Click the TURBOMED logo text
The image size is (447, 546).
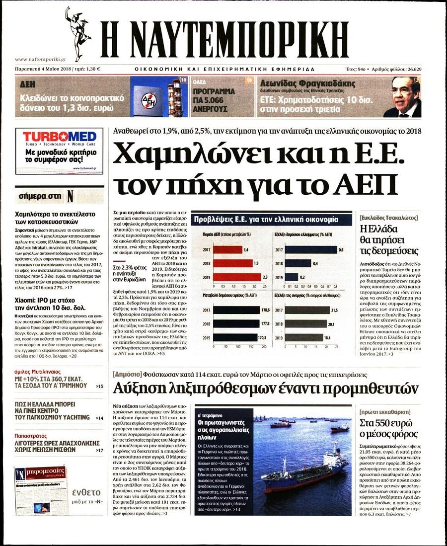pyautogui.click(x=59, y=136)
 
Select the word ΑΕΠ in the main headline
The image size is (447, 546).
pyautogui.click(x=369, y=184)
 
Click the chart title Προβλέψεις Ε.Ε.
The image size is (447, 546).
pyautogui.click(x=266, y=219)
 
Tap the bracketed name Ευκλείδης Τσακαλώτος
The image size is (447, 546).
pyautogui.click(x=388, y=218)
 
